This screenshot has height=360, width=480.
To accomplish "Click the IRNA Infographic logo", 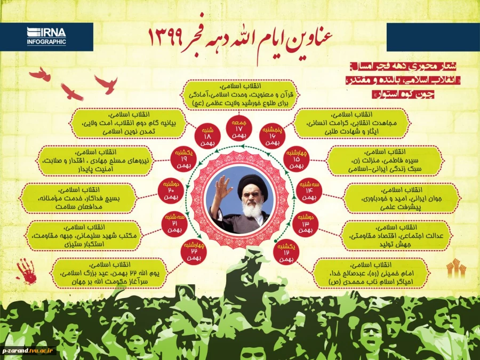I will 47,36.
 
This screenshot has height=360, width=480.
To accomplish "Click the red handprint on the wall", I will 27,271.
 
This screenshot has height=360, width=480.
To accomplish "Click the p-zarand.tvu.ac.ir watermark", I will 29,351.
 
